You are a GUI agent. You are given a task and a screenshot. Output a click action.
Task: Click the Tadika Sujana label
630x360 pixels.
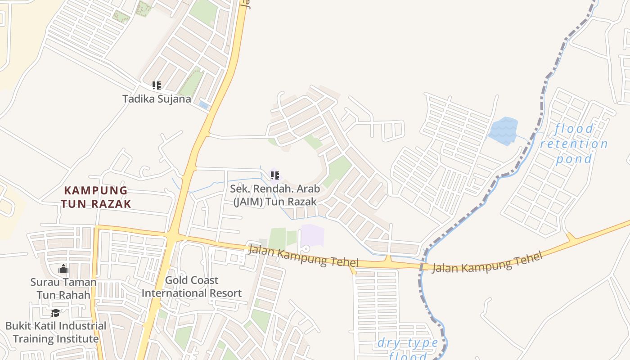click(x=157, y=99)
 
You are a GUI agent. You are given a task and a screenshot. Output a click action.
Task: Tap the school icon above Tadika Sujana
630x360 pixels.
click(x=157, y=85)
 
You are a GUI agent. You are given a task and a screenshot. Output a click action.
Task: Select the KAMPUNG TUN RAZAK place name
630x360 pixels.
click(x=96, y=197)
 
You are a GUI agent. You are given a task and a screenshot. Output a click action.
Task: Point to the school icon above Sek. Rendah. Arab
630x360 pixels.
click(x=275, y=175)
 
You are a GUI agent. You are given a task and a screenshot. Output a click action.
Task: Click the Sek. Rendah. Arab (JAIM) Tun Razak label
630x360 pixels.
click(x=275, y=194)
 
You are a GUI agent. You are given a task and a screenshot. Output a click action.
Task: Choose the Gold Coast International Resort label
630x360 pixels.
click(x=192, y=287)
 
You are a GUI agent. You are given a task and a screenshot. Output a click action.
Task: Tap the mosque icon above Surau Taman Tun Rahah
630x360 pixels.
click(x=63, y=269)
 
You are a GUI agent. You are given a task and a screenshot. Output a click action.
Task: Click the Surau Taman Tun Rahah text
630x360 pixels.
click(x=63, y=288)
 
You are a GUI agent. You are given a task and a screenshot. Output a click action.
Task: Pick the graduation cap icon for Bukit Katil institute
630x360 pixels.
click(x=55, y=313)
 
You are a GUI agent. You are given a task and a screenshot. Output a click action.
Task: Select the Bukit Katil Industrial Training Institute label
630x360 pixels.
click(x=56, y=332)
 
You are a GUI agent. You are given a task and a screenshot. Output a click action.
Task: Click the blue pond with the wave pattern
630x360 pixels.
click(x=503, y=131)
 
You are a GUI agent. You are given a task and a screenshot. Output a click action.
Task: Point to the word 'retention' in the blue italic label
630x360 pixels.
click(x=574, y=144)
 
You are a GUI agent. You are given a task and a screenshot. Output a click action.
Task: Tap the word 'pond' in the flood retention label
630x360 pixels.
click(x=574, y=159)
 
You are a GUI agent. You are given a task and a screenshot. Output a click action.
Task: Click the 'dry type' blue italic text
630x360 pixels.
click(x=408, y=343)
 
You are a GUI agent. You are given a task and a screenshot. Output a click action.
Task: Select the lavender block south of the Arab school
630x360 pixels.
click(x=312, y=235)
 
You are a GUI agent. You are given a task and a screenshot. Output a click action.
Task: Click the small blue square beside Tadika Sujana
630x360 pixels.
click(x=204, y=105)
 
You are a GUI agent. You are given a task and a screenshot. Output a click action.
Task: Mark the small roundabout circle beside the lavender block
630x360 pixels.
click(x=306, y=248)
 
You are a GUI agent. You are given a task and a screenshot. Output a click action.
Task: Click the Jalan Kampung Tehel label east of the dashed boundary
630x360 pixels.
click(x=487, y=262)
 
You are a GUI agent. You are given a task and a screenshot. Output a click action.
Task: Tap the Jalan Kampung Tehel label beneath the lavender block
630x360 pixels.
click(x=303, y=256)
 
